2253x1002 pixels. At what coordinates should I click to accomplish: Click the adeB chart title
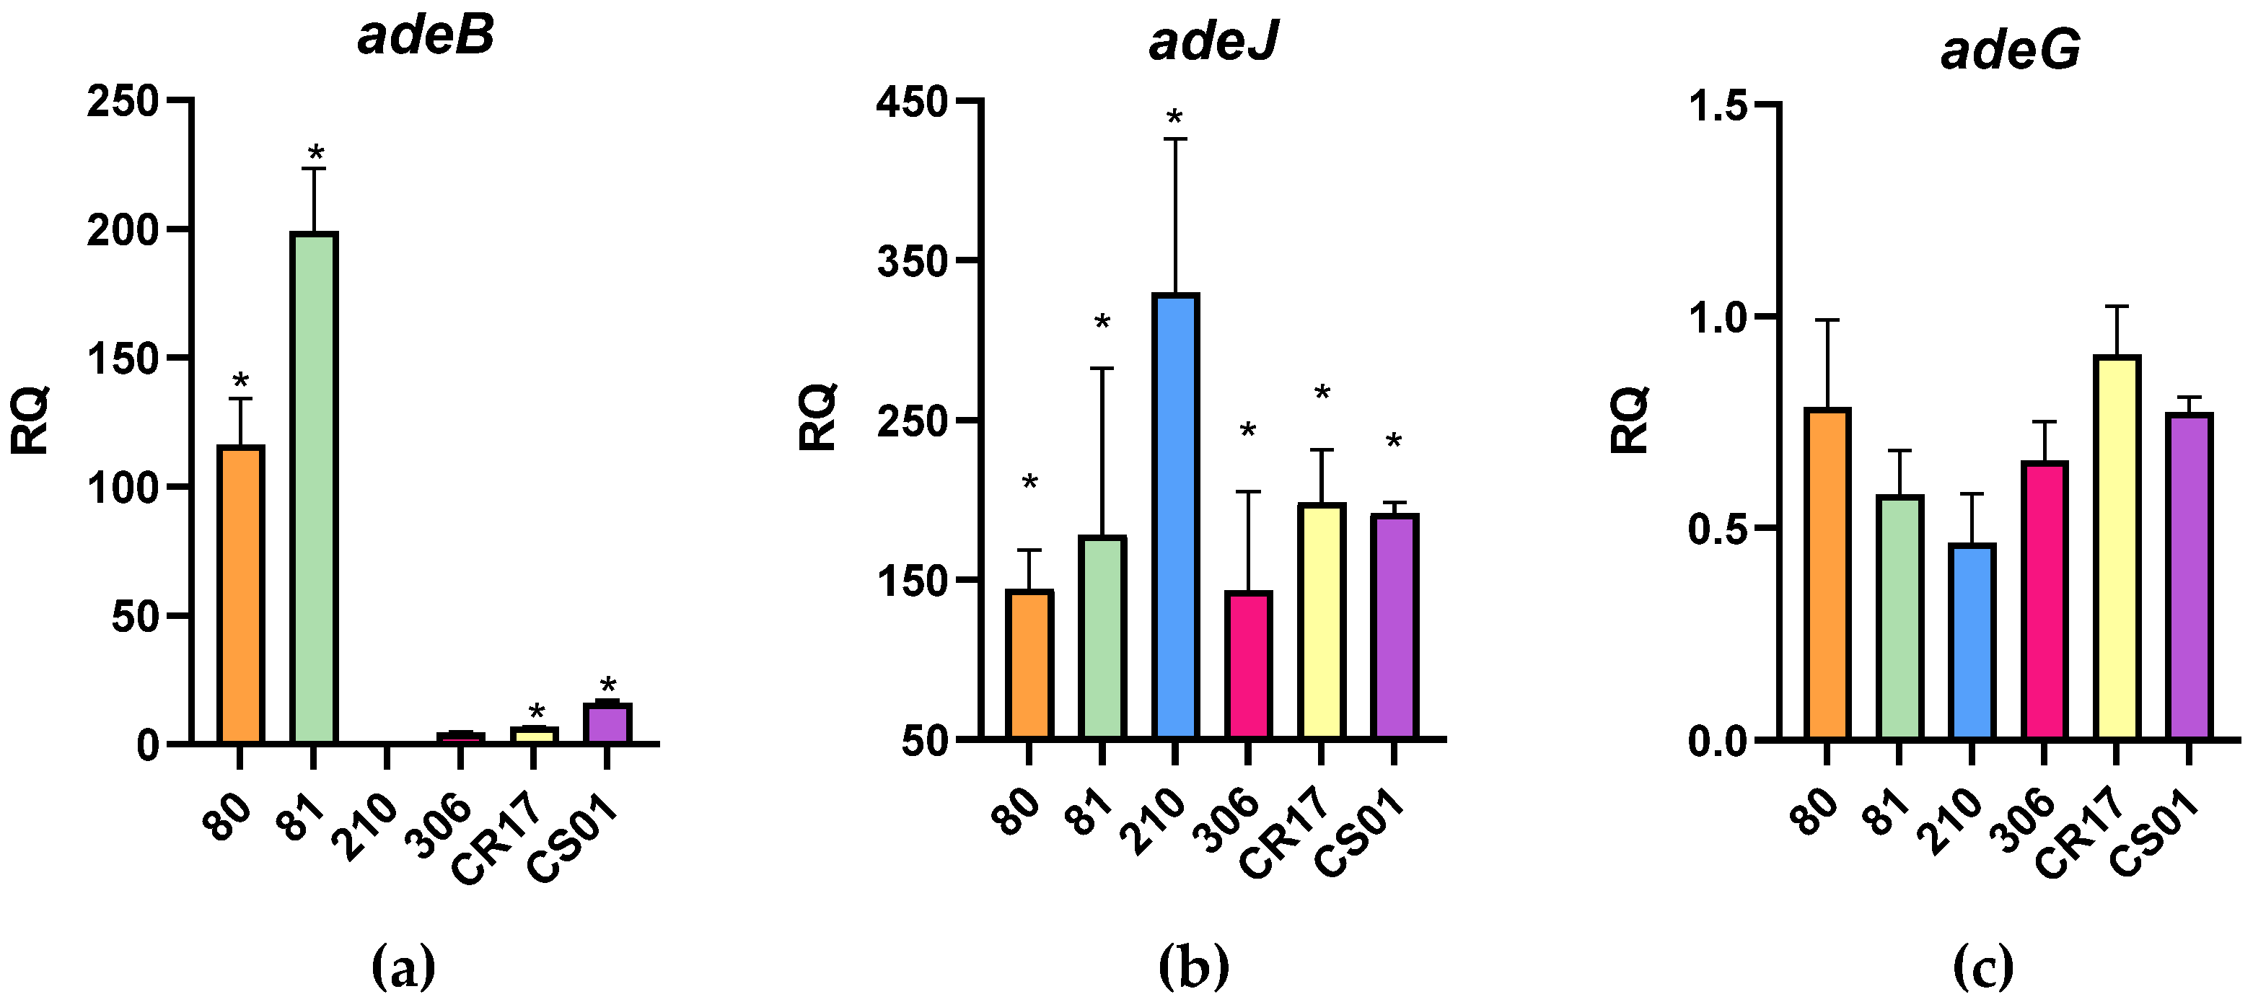[425, 37]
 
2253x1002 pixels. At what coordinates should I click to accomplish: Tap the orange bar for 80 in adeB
[240, 594]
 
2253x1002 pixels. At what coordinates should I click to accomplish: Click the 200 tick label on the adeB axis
[122, 231]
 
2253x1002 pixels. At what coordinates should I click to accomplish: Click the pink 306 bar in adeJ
[1248, 664]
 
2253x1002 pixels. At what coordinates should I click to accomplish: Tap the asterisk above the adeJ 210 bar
[1174, 118]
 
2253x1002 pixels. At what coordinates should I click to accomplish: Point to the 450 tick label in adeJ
[912, 103]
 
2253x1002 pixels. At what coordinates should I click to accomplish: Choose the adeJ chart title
[1213, 40]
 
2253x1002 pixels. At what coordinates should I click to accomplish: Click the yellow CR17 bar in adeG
[2117, 548]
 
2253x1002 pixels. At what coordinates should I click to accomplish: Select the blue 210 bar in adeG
[1972, 642]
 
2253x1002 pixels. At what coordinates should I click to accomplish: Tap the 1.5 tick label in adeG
[1717, 106]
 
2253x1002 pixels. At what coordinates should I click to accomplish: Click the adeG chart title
[2010, 49]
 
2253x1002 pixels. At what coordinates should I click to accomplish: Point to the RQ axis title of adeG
[1630, 420]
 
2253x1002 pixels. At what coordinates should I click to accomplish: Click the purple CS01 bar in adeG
[2189, 577]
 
